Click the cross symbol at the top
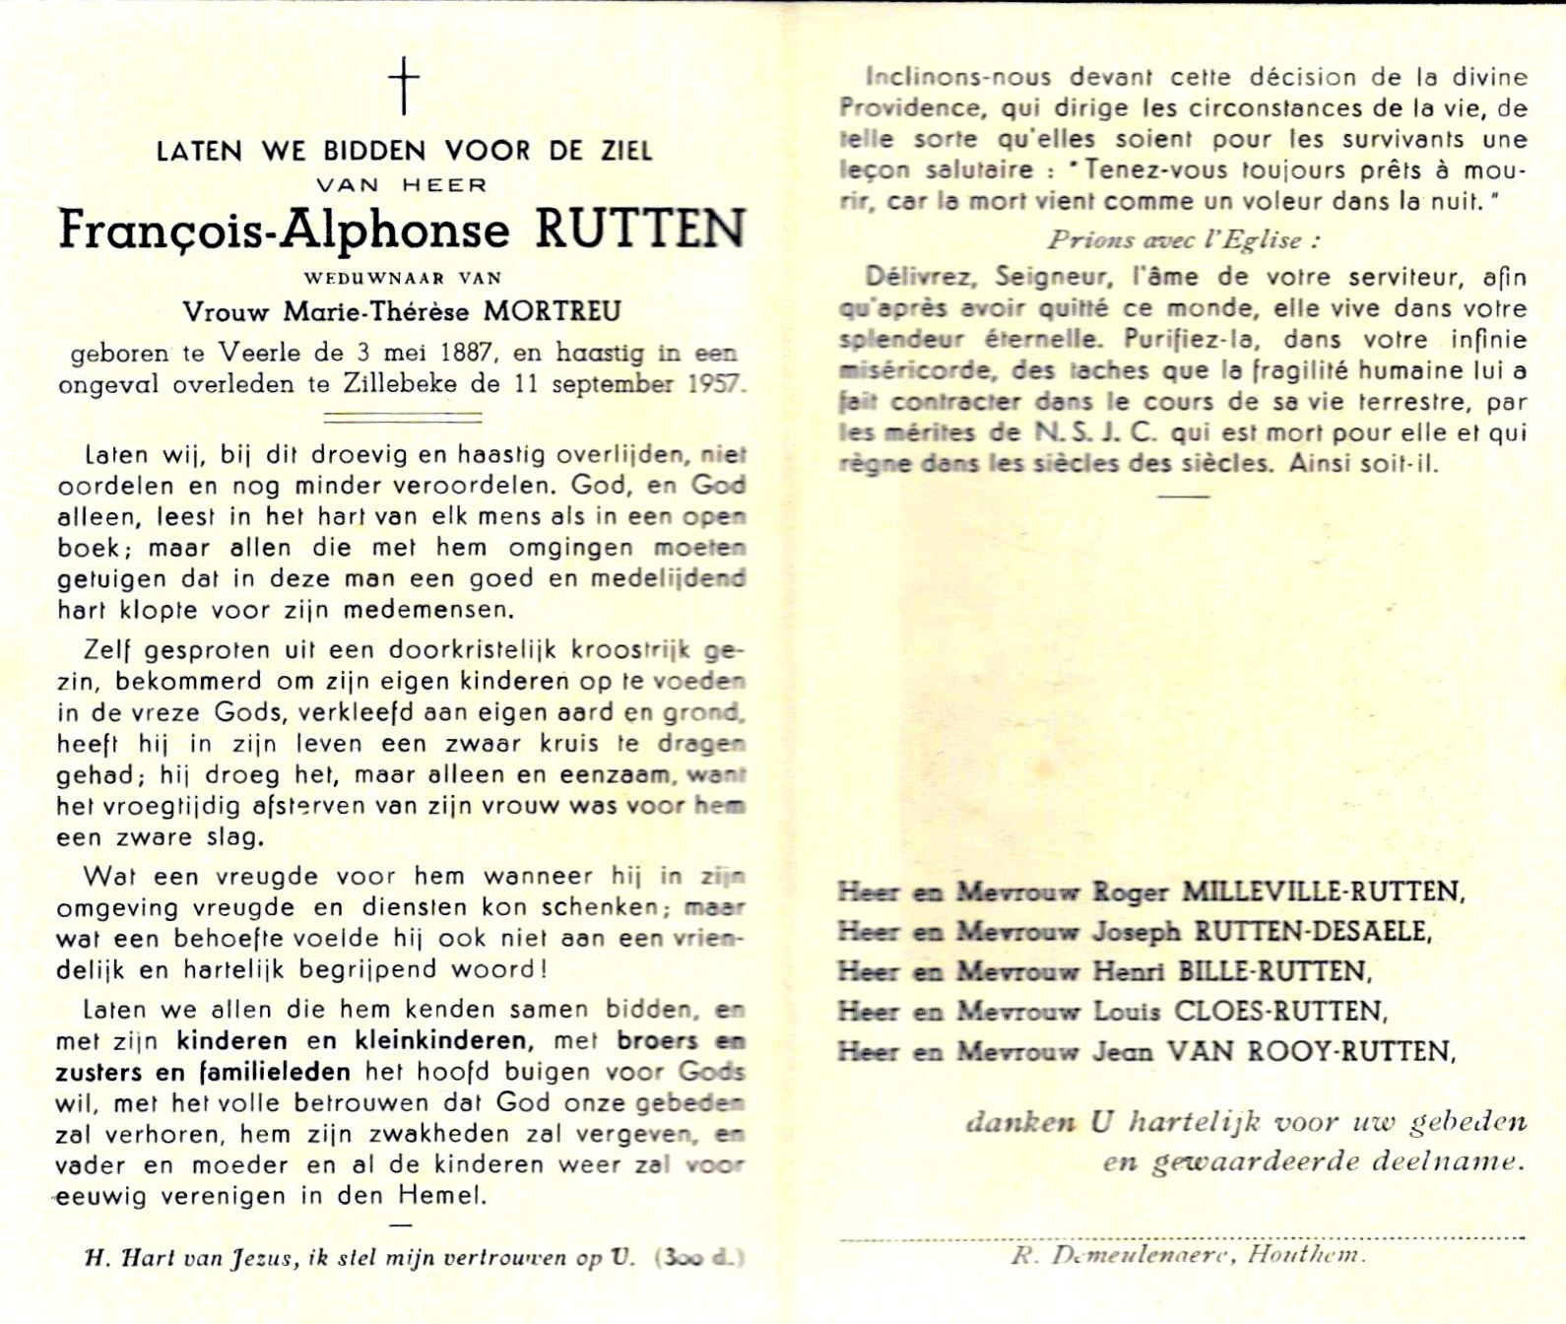[x=403, y=85]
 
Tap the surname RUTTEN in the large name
[x=639, y=230]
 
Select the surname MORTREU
[x=552, y=312]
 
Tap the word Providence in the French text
[x=910, y=107]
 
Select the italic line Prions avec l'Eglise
[x=1183, y=239]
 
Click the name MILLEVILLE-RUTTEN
[x=1322, y=892]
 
